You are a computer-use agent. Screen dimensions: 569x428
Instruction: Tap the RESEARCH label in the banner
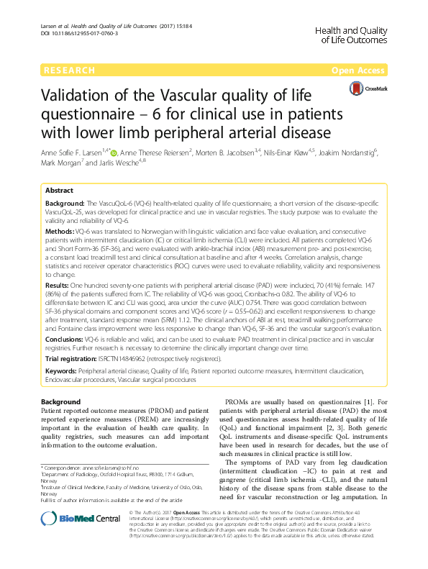click(x=69, y=70)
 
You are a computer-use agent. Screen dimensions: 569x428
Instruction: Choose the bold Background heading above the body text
click(x=60, y=401)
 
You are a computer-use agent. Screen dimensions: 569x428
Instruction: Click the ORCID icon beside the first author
click(x=119, y=152)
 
